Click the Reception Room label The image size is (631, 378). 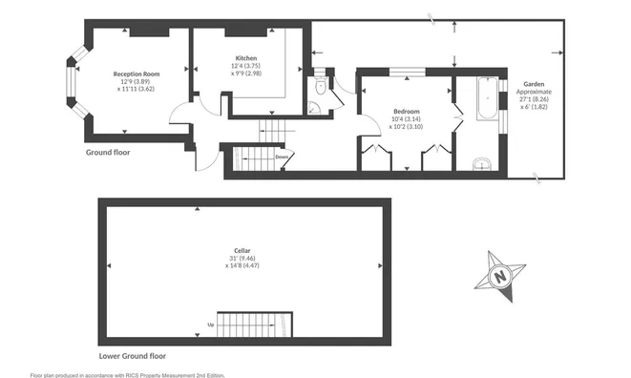(x=137, y=74)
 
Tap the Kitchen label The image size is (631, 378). (x=246, y=58)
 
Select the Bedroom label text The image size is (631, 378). (x=407, y=111)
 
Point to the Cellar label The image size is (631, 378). (x=242, y=251)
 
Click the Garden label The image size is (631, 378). (x=534, y=84)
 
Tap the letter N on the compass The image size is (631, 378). (x=500, y=277)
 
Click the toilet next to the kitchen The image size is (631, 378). (x=321, y=84)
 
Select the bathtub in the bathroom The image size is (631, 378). (x=488, y=98)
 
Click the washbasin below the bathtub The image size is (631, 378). (x=482, y=164)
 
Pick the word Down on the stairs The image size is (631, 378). (x=282, y=157)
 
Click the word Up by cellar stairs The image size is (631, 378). (x=210, y=325)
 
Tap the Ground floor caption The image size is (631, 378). (x=108, y=153)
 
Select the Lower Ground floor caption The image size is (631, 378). (x=133, y=356)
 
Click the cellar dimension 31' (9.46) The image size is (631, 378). (x=242, y=259)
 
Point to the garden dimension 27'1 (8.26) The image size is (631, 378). (x=534, y=99)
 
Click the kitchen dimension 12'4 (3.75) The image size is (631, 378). (x=246, y=66)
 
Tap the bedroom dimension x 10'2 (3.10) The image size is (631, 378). (x=406, y=126)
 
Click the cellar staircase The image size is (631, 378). (x=255, y=325)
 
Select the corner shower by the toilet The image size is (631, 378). (x=314, y=108)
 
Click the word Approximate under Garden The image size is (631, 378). (x=534, y=92)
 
